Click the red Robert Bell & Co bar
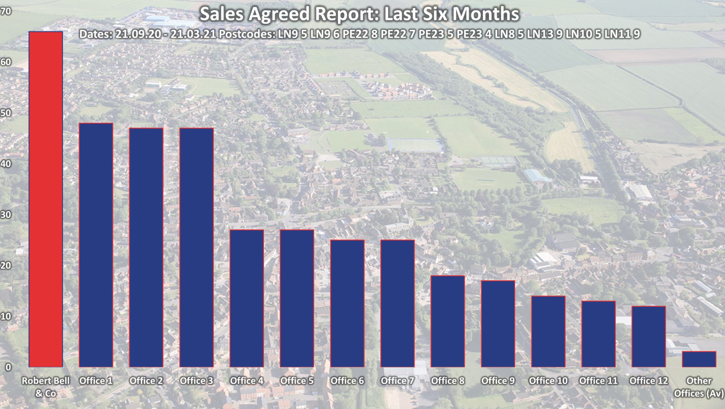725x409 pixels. (46, 199)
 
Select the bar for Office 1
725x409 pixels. (96, 245)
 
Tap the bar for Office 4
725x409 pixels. (247, 298)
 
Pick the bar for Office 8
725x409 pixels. (447, 321)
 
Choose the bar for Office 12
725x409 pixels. (648, 336)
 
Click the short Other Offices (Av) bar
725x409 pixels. (699, 359)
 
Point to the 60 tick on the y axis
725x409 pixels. (6, 62)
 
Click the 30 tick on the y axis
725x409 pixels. (6, 215)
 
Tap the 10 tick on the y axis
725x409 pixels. (6, 316)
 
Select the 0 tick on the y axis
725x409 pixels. (8, 367)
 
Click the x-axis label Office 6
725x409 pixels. (347, 381)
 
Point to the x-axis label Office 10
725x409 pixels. (548, 381)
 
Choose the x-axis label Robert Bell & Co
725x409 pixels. (46, 387)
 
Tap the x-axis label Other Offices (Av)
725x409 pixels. (699, 387)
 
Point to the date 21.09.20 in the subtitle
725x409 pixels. (138, 34)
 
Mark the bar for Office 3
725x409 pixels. (196, 247)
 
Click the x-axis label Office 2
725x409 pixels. (146, 381)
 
